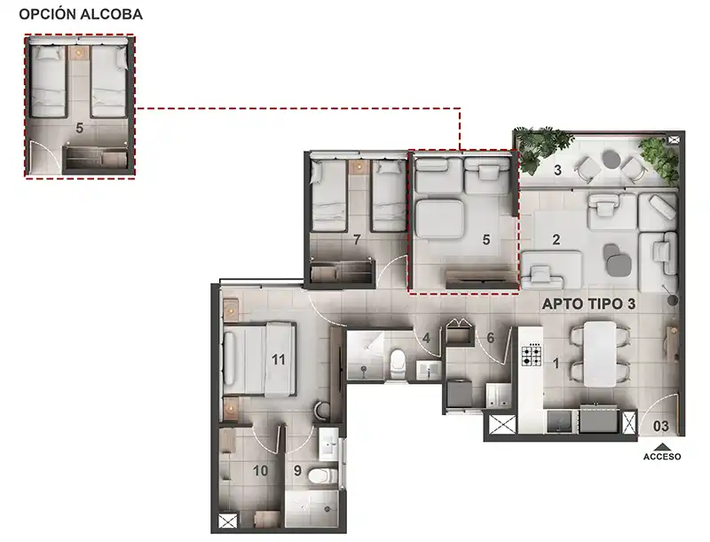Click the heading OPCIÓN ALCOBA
click(81, 14)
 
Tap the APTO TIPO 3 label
click(588, 304)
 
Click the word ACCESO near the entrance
click(662, 457)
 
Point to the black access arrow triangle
click(662, 446)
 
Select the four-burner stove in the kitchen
click(532, 354)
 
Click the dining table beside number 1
click(600, 354)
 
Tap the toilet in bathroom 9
click(322, 475)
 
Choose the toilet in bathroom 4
click(398, 364)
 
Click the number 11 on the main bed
click(278, 359)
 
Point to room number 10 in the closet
click(260, 471)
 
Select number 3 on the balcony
click(558, 170)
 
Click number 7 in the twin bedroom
click(357, 240)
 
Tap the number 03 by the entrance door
click(661, 426)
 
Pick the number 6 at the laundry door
click(491, 337)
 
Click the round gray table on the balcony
click(611, 159)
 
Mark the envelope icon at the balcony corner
click(673, 140)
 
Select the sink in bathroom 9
click(328, 444)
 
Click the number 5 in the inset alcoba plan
click(79, 129)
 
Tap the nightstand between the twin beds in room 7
click(359, 167)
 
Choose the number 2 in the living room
click(556, 240)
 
